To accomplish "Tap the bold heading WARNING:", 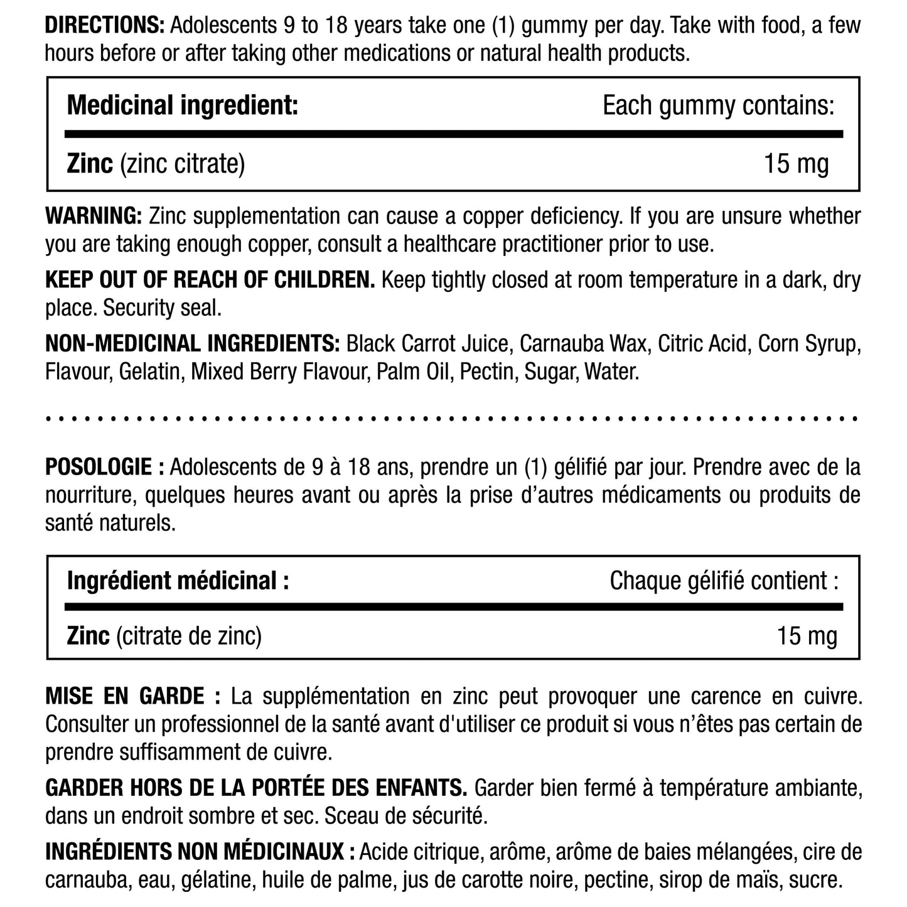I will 94,215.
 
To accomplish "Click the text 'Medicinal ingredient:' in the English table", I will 182,105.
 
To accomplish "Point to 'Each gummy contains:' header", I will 719,105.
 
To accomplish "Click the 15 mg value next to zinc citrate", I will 796,164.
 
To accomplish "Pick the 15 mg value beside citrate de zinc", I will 807,636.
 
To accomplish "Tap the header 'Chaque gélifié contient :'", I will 724,581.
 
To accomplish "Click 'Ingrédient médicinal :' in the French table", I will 178,581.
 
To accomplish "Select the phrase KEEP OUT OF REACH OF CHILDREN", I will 210,279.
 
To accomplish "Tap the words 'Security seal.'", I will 163,308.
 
